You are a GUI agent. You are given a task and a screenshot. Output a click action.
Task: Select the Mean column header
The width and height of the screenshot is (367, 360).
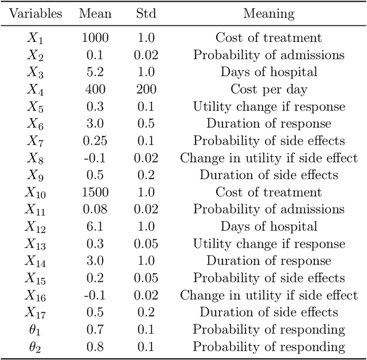tap(95, 14)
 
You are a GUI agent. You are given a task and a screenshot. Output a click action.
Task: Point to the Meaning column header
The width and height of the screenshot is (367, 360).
tap(268, 14)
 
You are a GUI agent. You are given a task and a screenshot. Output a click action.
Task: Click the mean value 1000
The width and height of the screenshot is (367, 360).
tap(95, 38)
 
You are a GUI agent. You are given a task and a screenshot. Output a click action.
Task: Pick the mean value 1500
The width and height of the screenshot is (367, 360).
tap(95, 192)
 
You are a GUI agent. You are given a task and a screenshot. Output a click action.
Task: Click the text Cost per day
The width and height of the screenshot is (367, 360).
tap(268, 90)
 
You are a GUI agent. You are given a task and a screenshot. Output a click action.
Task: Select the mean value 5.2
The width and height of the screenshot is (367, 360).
tap(95, 72)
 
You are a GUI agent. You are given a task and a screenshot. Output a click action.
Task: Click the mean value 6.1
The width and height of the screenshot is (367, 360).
tap(95, 226)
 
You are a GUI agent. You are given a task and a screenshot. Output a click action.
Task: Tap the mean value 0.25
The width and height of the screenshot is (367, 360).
tap(95, 141)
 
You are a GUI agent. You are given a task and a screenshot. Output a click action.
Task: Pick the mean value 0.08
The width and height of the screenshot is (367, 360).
tap(95, 210)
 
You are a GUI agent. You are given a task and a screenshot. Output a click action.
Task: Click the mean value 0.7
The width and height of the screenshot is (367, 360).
tap(95, 330)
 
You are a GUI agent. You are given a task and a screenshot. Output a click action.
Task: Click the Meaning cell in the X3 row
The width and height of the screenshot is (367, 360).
tap(268, 72)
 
